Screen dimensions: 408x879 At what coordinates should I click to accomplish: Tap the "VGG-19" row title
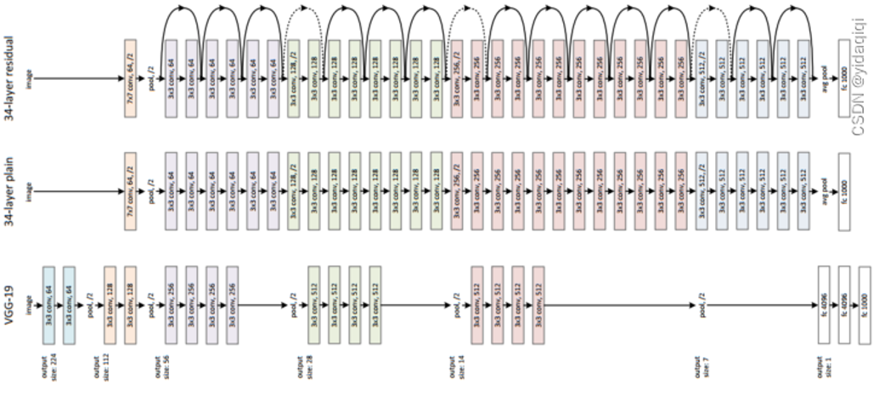[x=10, y=302]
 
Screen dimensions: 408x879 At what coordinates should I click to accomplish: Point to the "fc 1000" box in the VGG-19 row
[x=865, y=303]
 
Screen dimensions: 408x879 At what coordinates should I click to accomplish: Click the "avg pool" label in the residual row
[x=823, y=77]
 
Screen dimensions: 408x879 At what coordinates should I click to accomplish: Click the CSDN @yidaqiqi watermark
[x=865, y=76]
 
